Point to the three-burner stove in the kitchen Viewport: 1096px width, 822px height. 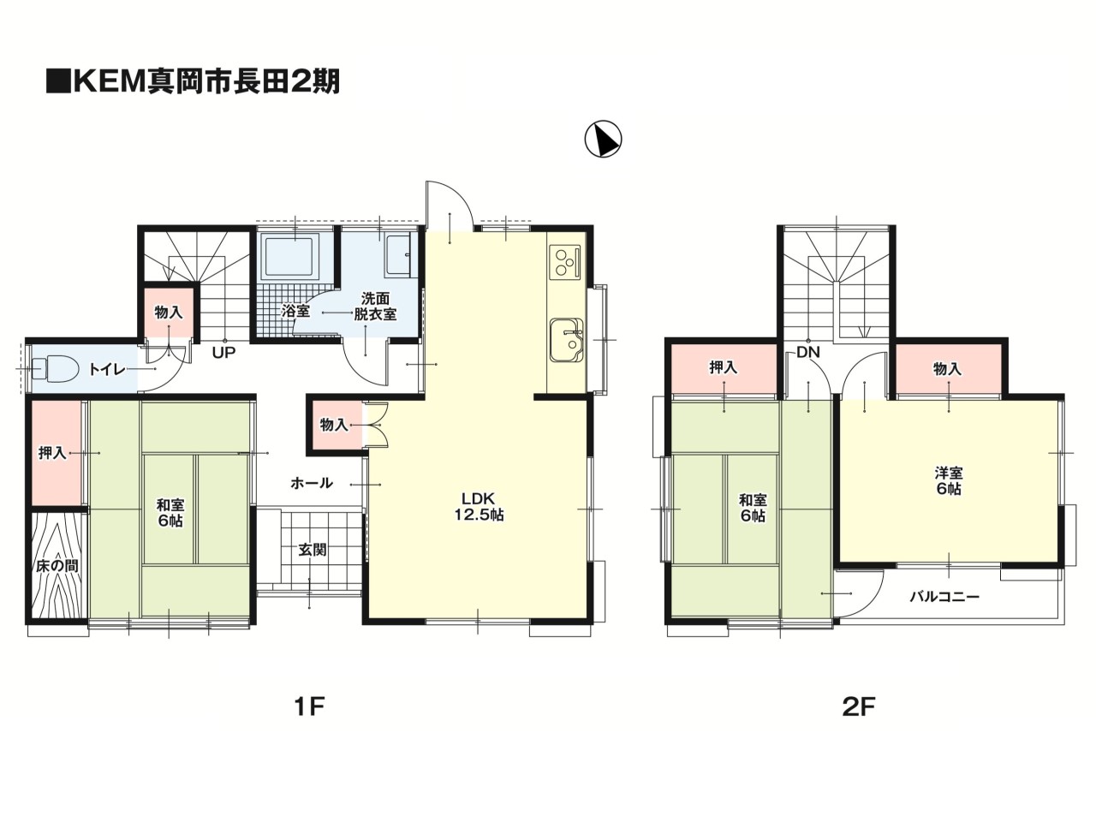566,261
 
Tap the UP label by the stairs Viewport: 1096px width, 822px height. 224,351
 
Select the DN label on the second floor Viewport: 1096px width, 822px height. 807,351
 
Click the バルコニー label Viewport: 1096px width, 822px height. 944,597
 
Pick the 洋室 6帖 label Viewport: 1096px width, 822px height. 948,480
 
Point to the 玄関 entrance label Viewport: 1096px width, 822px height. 312,550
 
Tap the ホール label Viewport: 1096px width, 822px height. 312,483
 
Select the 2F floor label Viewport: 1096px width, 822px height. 859,706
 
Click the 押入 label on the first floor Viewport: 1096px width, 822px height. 52,452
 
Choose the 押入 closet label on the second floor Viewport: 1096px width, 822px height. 724,368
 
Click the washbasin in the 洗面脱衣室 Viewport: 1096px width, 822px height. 399,253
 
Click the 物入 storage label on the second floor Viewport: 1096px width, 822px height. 947,368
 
